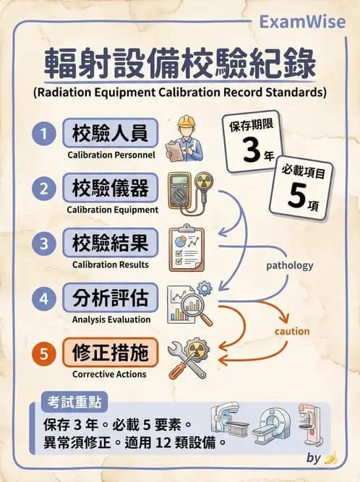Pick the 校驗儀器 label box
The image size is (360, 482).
[110, 189]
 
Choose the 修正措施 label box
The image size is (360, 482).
[110, 353]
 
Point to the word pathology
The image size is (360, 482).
[289, 265]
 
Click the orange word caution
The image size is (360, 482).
[292, 331]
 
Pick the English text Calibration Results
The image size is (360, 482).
[110, 264]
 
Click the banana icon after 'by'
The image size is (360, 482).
[330, 457]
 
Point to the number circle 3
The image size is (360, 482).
[44, 244]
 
